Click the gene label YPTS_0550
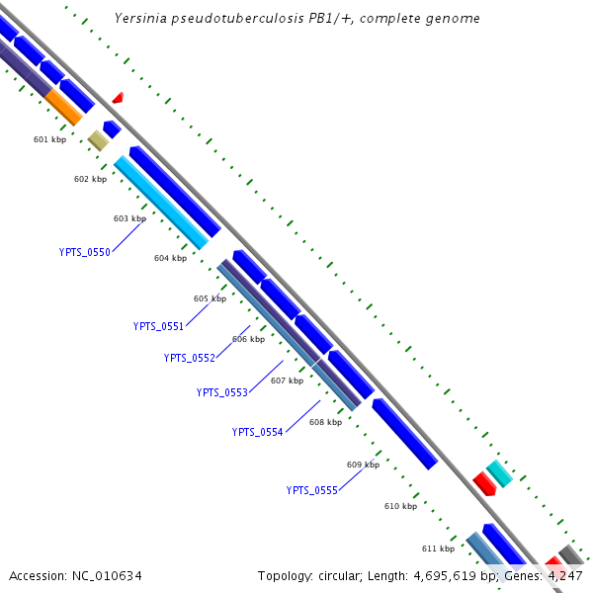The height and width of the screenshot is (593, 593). [x=84, y=252]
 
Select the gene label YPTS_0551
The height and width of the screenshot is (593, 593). [x=158, y=326]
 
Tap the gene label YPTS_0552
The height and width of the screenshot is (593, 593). [x=189, y=358]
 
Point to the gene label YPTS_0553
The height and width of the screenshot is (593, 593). [x=221, y=392]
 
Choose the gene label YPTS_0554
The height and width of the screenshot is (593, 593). [x=257, y=432]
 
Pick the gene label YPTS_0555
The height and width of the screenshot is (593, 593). [x=311, y=490]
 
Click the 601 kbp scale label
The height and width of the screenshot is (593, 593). [x=49, y=139]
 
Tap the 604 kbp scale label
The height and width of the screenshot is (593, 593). [x=170, y=258]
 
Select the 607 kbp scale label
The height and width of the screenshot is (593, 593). [x=287, y=381]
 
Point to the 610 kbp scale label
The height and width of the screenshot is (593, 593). [x=400, y=506]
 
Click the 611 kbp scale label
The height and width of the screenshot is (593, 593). [x=438, y=549]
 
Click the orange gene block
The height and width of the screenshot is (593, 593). [x=65, y=107]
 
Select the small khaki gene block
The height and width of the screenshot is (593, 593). [x=98, y=140]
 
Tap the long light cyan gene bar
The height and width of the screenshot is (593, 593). [x=161, y=203]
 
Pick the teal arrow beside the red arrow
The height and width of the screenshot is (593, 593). [x=500, y=473]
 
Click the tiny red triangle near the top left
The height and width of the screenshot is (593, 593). [x=118, y=98]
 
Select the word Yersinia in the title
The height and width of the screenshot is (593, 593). [x=139, y=18]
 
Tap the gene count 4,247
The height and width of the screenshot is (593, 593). [x=565, y=575]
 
